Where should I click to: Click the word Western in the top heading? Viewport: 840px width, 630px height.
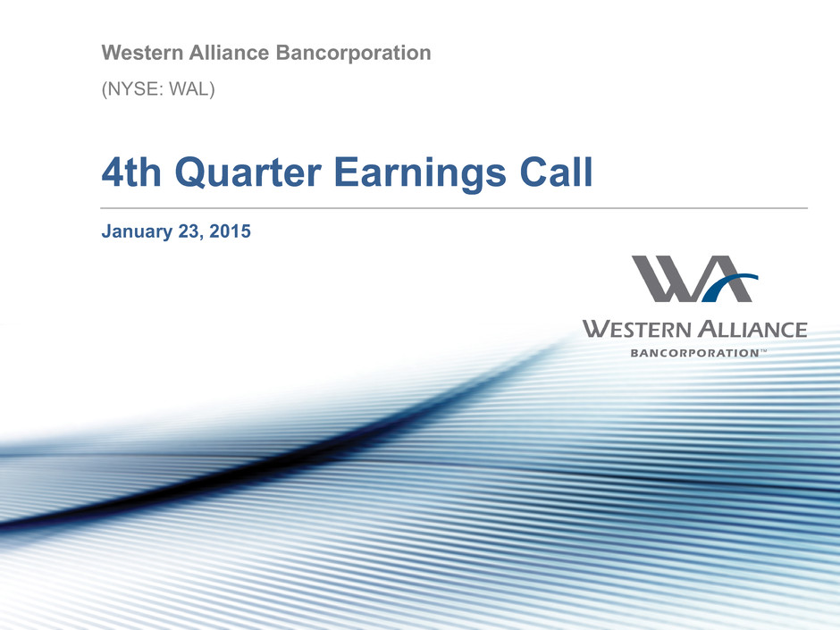(142, 53)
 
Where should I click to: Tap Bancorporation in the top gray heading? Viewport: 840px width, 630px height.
(354, 53)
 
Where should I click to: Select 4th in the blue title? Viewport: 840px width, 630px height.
(131, 172)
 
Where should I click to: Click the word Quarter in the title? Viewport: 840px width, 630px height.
(248, 172)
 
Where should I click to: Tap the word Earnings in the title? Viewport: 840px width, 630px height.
(421, 173)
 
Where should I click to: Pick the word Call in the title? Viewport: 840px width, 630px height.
(556, 172)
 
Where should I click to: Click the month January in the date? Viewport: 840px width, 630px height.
(137, 231)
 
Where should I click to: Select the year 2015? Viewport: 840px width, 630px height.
(230, 231)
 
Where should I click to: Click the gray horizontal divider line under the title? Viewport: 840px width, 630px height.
(454, 208)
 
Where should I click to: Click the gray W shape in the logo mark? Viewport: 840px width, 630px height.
(664, 279)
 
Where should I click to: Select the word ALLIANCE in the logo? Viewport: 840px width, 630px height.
(752, 329)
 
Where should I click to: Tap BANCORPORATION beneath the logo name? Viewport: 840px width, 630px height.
(695, 353)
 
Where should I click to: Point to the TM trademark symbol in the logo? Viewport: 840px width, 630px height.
(763, 351)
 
